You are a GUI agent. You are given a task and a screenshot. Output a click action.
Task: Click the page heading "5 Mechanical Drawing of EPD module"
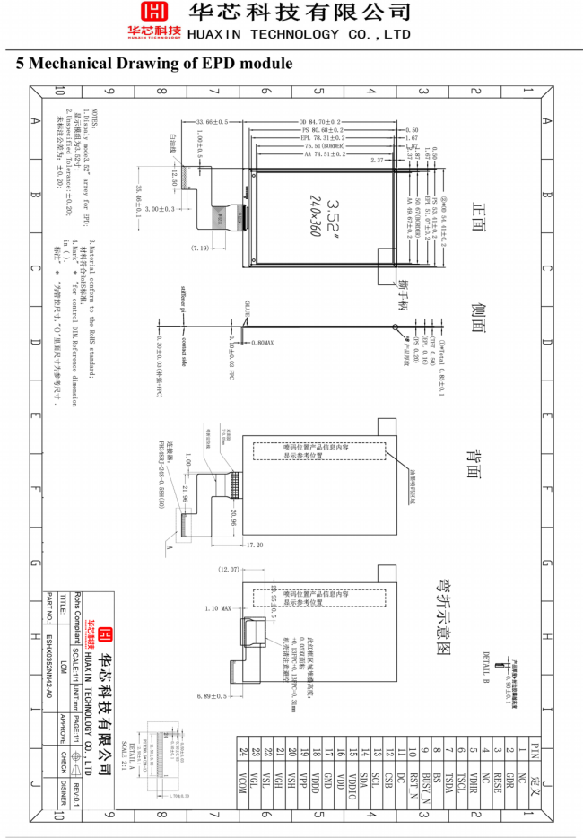pyautogui.click(x=154, y=64)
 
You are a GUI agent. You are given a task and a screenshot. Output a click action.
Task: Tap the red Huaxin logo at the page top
pyautogui.click(x=156, y=19)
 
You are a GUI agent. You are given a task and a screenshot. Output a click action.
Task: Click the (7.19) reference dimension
pyautogui.click(x=199, y=248)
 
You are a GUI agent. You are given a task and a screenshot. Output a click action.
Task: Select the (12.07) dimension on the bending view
pyautogui.click(x=230, y=570)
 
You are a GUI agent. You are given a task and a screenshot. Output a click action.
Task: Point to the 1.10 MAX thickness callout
pyautogui.click(x=220, y=608)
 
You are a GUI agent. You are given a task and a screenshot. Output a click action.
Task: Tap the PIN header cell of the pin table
pyautogui.click(x=535, y=746)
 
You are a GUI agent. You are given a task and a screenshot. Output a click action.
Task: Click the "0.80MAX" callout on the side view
pyautogui.click(x=264, y=343)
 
